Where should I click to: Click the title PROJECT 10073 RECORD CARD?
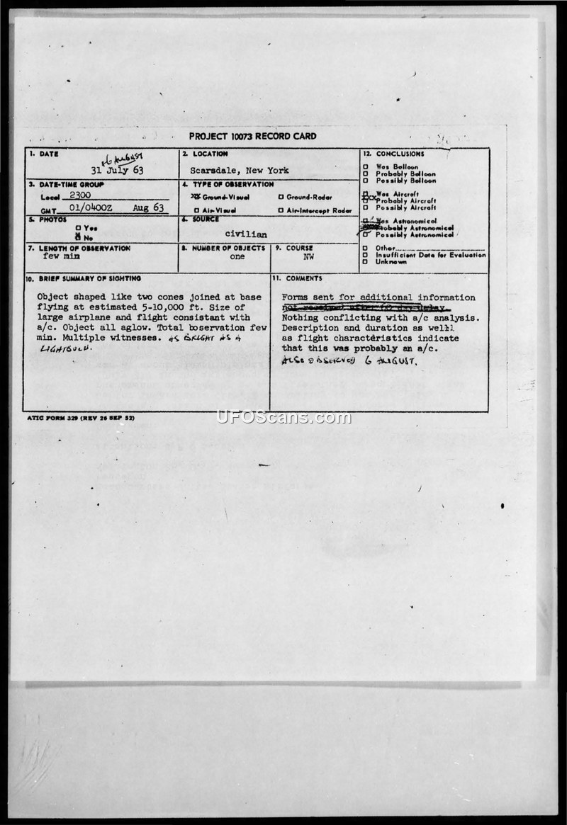click(x=252, y=136)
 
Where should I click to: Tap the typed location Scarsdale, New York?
click(x=239, y=171)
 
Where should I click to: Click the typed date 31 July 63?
click(x=116, y=171)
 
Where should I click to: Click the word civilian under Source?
click(x=246, y=234)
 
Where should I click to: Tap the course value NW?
click(x=308, y=257)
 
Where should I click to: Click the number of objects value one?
click(x=237, y=257)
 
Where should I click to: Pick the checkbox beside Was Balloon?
click(x=365, y=167)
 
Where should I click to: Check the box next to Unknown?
click(x=365, y=261)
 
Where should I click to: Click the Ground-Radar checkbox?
click(x=281, y=197)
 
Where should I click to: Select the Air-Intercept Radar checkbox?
click(x=281, y=210)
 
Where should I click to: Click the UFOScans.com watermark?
click(x=283, y=417)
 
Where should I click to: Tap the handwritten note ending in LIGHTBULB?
click(x=65, y=348)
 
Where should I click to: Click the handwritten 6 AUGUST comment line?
click(x=349, y=361)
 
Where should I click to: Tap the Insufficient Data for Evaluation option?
click(x=426, y=255)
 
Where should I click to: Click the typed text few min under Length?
click(x=62, y=256)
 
